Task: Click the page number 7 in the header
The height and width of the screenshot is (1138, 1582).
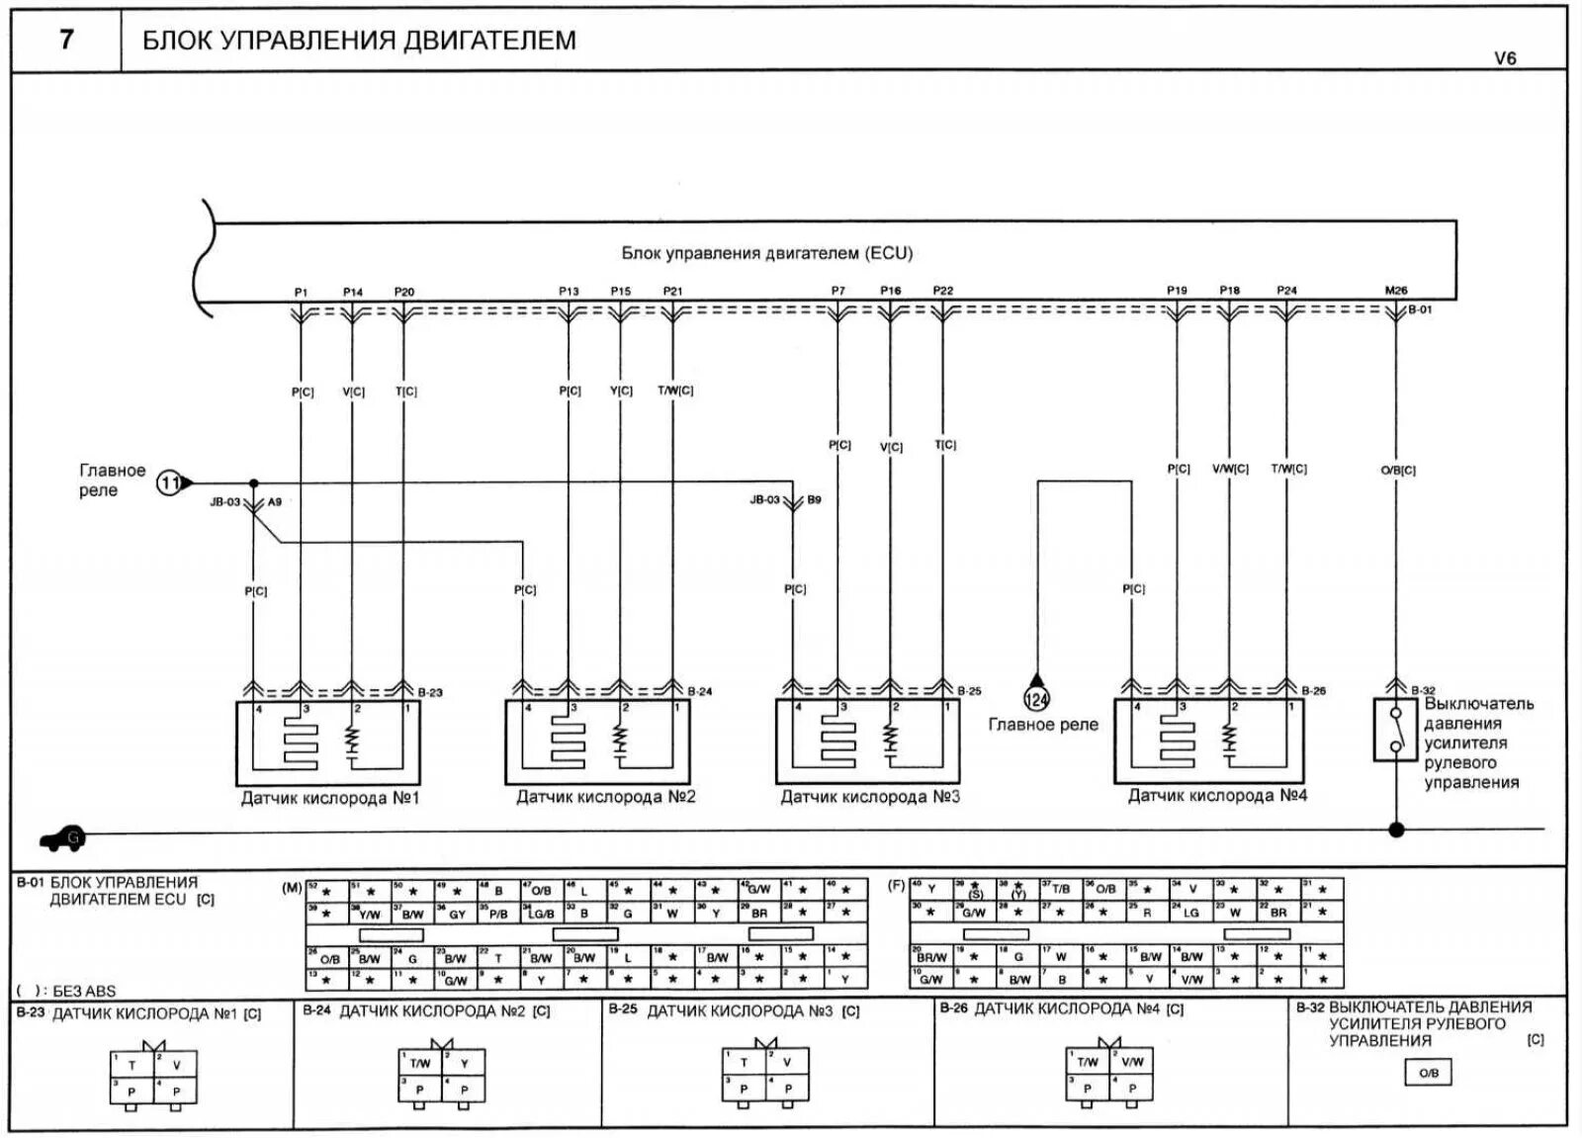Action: click(66, 40)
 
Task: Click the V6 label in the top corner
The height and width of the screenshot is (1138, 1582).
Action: click(1504, 58)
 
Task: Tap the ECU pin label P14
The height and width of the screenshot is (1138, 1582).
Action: click(353, 292)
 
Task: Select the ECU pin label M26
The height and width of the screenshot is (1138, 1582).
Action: click(1395, 291)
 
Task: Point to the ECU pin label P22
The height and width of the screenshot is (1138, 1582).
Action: click(943, 291)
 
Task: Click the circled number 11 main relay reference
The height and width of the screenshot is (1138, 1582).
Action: click(170, 482)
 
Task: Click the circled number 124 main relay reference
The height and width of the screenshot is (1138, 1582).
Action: click(1036, 700)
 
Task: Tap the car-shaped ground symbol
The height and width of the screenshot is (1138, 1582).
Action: click(62, 838)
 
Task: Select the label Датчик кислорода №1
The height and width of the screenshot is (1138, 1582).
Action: click(330, 797)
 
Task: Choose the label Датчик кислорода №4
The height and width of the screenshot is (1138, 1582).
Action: click(1217, 795)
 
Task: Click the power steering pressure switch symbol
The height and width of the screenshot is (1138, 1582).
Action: click(1395, 730)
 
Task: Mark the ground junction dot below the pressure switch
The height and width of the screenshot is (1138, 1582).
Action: click(1396, 830)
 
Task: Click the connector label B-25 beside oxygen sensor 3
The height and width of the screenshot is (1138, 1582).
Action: click(969, 691)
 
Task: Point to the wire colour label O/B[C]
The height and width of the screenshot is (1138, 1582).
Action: click(1398, 471)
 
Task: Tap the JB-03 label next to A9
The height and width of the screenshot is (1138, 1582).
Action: click(224, 502)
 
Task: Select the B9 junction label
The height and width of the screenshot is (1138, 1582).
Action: click(814, 500)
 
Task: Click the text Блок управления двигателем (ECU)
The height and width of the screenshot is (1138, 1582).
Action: click(766, 253)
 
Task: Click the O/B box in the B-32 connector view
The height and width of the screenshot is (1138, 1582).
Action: click(1429, 1073)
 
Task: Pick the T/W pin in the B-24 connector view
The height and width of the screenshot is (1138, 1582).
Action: click(420, 1064)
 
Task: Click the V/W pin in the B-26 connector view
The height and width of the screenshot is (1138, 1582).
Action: click(1132, 1062)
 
